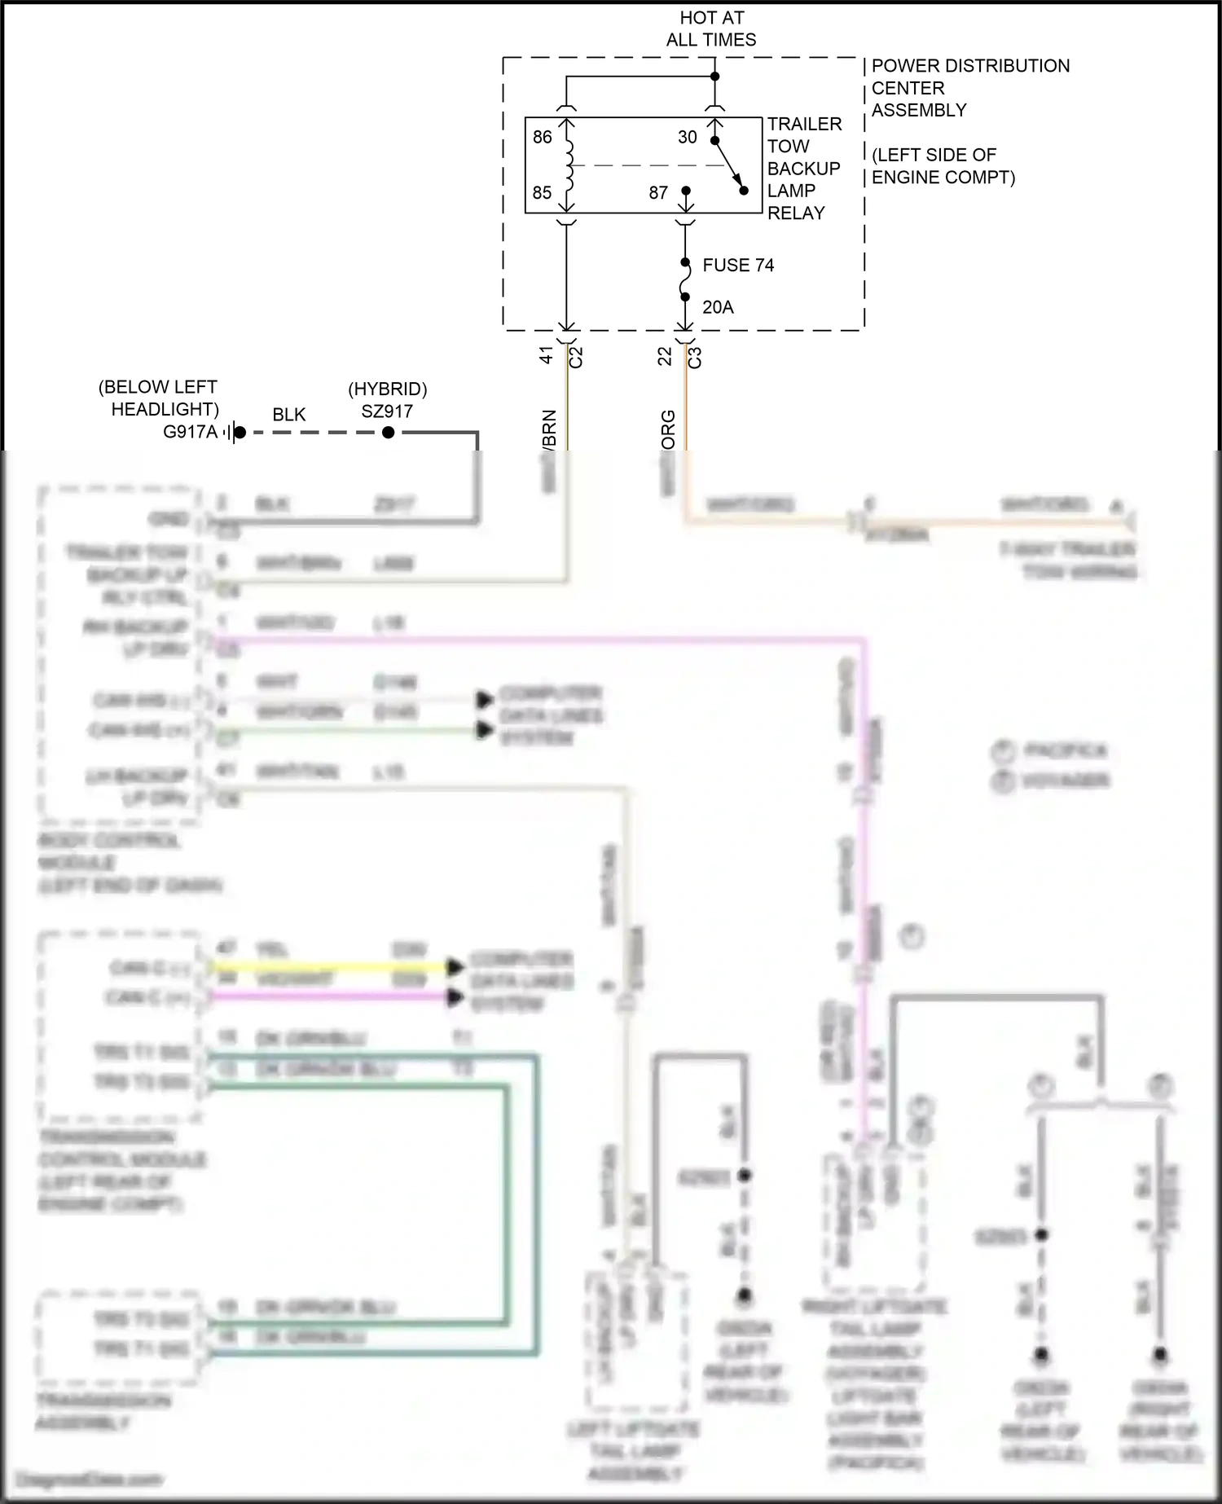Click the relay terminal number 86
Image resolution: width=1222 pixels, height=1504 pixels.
542,137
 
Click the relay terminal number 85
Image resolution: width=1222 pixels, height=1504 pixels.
542,192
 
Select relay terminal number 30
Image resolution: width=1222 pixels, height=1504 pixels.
688,137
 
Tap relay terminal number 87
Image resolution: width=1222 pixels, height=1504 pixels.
658,192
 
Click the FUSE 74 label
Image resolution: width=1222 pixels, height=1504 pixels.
738,265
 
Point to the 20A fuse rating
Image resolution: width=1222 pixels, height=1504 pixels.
718,307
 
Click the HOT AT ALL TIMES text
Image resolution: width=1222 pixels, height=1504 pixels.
711,29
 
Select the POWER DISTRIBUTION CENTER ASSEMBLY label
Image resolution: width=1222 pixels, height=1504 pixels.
969,87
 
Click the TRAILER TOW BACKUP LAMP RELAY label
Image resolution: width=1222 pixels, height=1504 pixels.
803,168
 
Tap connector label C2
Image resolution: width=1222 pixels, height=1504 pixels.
576,357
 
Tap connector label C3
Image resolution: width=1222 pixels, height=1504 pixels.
695,357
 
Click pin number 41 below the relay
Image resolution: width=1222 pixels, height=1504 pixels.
547,355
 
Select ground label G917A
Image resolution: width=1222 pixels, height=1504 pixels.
190,432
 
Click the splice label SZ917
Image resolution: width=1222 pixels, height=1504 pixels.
387,411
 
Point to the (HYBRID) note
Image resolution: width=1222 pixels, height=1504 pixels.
387,389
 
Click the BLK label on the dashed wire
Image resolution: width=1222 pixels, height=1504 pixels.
289,415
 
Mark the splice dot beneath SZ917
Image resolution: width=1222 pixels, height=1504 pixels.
389,433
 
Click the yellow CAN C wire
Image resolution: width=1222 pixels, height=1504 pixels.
326,968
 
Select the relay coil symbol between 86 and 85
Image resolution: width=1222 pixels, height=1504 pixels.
568,165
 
